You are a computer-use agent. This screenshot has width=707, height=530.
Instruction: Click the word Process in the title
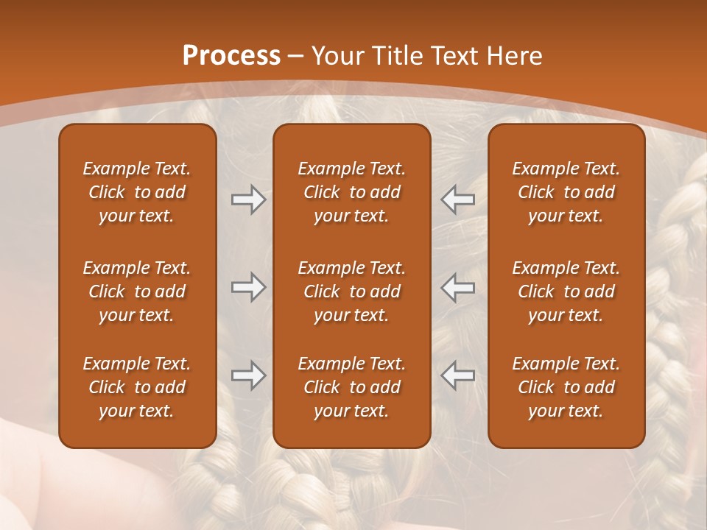(x=231, y=56)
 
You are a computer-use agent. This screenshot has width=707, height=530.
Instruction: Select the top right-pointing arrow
(x=248, y=199)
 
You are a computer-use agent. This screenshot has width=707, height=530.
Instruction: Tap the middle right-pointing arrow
(x=248, y=287)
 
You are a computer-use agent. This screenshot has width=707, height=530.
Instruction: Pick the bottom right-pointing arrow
(x=248, y=375)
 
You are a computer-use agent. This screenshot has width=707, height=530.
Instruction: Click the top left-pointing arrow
(x=458, y=199)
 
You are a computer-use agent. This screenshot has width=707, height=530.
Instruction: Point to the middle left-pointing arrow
(x=458, y=287)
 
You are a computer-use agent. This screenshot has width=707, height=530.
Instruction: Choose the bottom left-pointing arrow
(x=458, y=375)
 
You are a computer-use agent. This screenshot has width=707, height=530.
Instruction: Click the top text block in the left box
(x=137, y=192)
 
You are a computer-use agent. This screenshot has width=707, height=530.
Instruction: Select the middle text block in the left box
(x=137, y=291)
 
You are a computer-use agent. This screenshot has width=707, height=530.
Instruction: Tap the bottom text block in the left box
(x=137, y=387)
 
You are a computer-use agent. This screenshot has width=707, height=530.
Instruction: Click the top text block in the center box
(x=352, y=192)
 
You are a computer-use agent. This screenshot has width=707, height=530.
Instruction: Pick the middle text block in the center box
(x=352, y=291)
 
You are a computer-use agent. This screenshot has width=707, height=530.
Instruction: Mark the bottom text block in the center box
(x=352, y=387)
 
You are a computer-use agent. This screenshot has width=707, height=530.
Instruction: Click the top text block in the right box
(x=566, y=192)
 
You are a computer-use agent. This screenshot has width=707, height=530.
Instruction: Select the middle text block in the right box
(x=566, y=291)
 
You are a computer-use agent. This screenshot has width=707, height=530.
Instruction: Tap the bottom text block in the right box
(x=566, y=387)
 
